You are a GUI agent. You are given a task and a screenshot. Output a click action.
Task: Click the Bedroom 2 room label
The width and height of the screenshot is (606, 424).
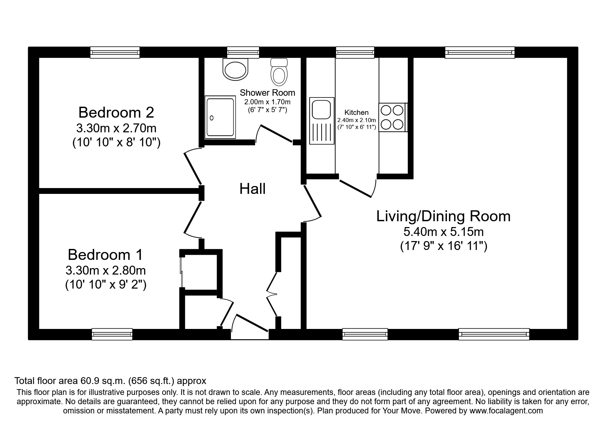[116, 112]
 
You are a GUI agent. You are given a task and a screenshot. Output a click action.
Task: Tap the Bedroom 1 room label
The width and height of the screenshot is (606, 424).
[105, 255]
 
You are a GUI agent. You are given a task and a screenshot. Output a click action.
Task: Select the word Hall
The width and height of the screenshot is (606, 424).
[253, 189]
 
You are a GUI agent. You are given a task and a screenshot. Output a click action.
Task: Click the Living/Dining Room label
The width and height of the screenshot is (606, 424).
[443, 216]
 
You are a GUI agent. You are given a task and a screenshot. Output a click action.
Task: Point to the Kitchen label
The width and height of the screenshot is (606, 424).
[357, 112]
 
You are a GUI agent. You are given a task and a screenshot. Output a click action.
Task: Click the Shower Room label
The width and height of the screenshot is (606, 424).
[267, 93]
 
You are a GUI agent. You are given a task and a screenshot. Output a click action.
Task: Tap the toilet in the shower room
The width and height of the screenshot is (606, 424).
[279, 72]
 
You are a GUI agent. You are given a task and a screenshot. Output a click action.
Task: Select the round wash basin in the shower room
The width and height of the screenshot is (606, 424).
[235, 69]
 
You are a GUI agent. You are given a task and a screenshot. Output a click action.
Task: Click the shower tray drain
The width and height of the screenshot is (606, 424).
[211, 118]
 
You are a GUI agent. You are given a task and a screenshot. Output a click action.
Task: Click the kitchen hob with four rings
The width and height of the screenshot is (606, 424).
[392, 117]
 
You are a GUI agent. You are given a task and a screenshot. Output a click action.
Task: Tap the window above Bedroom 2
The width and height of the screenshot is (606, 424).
[115, 52]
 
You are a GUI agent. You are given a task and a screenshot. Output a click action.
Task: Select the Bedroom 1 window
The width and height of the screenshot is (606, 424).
[112, 334]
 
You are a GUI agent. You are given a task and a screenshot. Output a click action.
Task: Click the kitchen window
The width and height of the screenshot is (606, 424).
[355, 52]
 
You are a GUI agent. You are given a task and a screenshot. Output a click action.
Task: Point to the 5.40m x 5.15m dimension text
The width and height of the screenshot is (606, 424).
[443, 232]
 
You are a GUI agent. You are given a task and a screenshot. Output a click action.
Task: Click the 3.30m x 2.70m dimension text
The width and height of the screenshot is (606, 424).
[116, 128]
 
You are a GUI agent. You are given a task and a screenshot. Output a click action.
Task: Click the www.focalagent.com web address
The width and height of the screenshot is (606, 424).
[506, 411]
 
